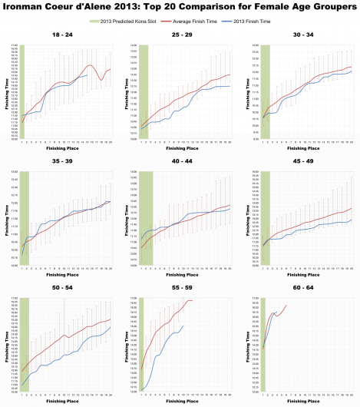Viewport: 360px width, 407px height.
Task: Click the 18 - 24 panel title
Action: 60,36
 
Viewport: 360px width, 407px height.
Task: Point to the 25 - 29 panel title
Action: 180,36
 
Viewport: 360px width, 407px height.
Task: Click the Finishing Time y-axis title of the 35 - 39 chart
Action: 7,219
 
